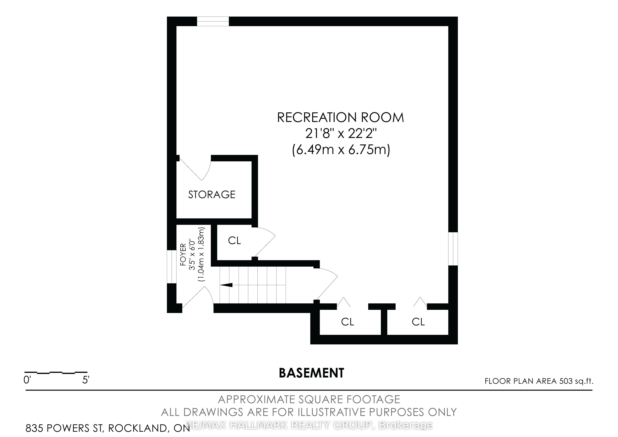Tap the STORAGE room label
pos(212,195)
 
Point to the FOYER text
pos(183,255)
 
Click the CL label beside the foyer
pos(235,241)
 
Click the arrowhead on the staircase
pos(226,285)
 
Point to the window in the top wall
pos(213,21)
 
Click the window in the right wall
pos(453,249)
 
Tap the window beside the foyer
pos(172,267)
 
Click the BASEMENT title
pos(311,373)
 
